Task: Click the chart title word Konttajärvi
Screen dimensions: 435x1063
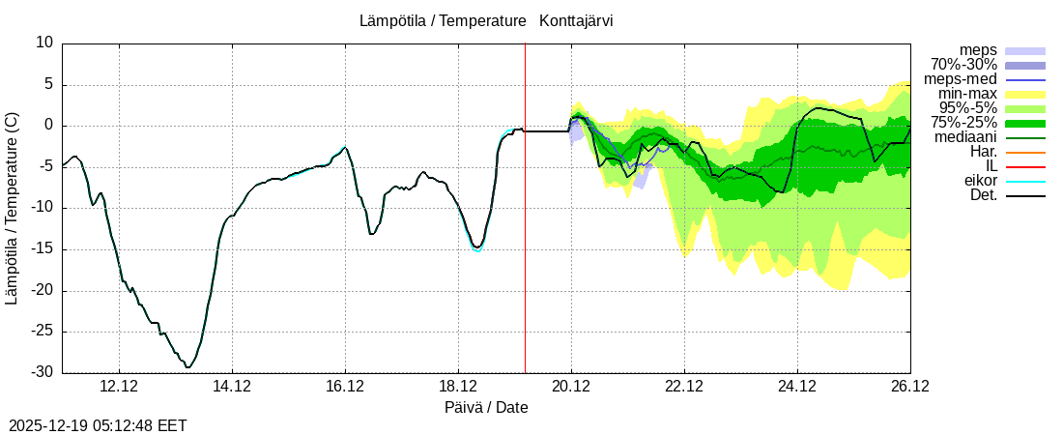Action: coord(577,20)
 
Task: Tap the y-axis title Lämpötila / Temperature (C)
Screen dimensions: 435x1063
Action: coord(12,208)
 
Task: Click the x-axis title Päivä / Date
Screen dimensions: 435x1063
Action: coord(486,407)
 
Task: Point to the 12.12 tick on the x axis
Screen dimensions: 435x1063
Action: coord(119,386)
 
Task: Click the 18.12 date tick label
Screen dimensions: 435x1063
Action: coord(458,386)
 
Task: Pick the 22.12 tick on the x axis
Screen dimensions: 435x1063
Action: coord(684,386)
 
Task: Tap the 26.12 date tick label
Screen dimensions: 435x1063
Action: coord(910,386)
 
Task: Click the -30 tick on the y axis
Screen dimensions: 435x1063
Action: coord(44,373)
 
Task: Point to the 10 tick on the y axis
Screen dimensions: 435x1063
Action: coord(45,43)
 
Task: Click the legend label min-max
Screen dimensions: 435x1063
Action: coord(967,94)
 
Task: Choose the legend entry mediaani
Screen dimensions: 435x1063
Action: coord(965,137)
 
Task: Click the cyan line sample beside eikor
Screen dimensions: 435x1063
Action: coord(1025,181)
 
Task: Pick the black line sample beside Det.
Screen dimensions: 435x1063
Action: coord(1025,195)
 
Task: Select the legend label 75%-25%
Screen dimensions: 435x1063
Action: coord(963,123)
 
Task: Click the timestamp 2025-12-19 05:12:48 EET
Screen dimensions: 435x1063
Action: coord(98,425)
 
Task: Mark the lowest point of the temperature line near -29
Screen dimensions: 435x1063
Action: coord(188,367)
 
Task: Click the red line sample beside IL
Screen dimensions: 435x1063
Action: coord(1025,166)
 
